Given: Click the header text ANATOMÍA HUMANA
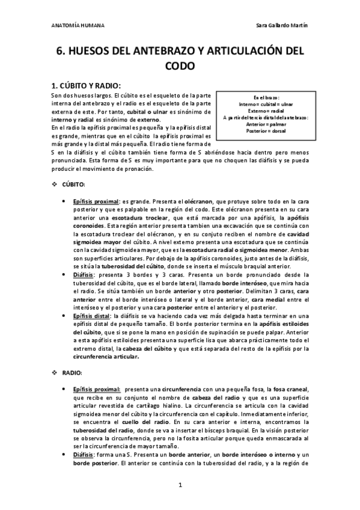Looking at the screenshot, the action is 78,26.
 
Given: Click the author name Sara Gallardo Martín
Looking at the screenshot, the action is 281,26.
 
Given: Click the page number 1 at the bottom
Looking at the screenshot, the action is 180,484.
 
